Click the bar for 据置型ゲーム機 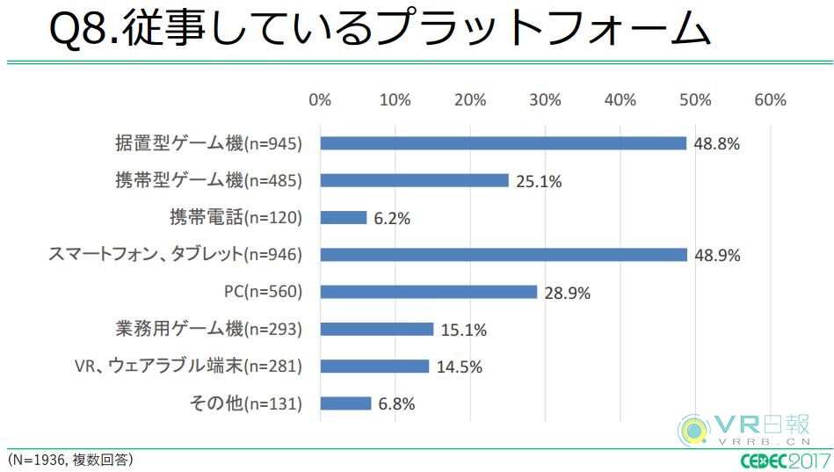(x=503, y=143)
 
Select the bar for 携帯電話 (x=344, y=217)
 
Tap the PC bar (x=429, y=292)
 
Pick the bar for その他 (x=346, y=403)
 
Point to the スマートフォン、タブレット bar (x=504, y=255)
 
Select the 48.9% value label (x=718, y=256)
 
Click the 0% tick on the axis (x=320, y=100)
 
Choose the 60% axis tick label (x=771, y=100)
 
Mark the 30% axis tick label (x=546, y=100)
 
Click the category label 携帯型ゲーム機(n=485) (x=208, y=181)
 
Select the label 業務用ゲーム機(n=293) (x=208, y=330)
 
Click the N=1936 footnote (x=69, y=459)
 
